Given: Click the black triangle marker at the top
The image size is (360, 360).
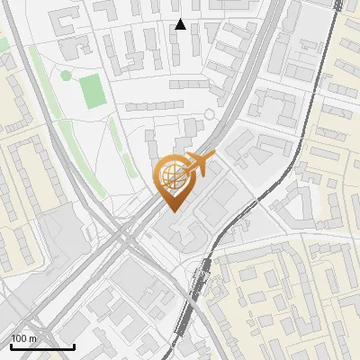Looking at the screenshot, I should point(180,24).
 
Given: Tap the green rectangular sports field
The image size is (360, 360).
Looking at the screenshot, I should point(92,90).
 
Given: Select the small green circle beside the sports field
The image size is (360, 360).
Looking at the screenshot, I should point(65,76).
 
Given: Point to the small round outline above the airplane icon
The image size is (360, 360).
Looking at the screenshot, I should point(211,113).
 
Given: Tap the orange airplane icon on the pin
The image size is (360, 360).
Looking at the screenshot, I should point(200,165).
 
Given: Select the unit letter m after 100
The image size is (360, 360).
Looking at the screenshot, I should point(33,338).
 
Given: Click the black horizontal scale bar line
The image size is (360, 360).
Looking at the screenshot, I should point(42,346).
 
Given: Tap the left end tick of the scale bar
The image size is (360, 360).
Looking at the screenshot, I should point(11,344).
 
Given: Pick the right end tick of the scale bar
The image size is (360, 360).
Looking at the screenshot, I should point(74,344).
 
